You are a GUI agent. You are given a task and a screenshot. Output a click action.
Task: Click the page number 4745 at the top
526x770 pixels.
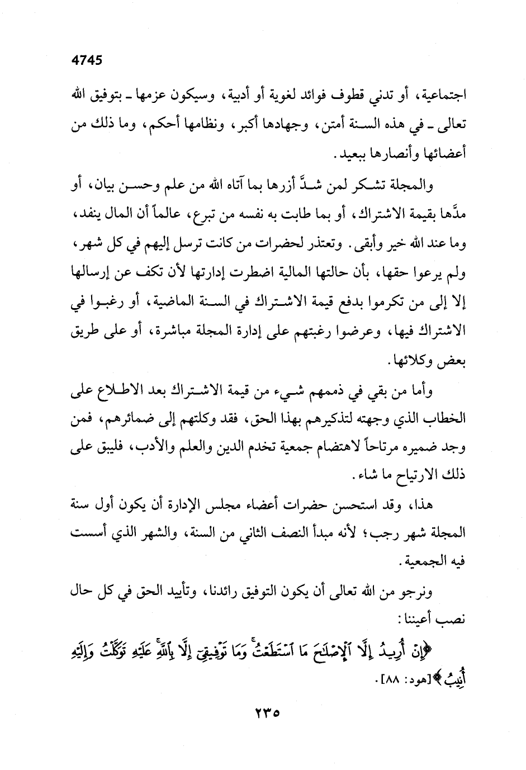[87, 60]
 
